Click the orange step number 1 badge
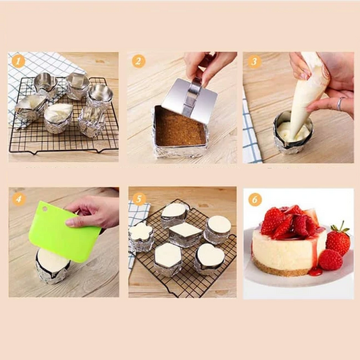coord(18,61)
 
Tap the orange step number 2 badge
coord(138,61)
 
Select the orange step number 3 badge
coord(254,61)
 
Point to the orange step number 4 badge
coord(19,199)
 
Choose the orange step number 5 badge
coord(138,199)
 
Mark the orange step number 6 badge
coord(255,200)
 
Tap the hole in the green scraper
coord(45,209)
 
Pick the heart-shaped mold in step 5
coord(209,259)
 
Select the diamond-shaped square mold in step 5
coord(186,235)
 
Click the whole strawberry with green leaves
coord(338,240)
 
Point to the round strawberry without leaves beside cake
coord(330,259)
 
